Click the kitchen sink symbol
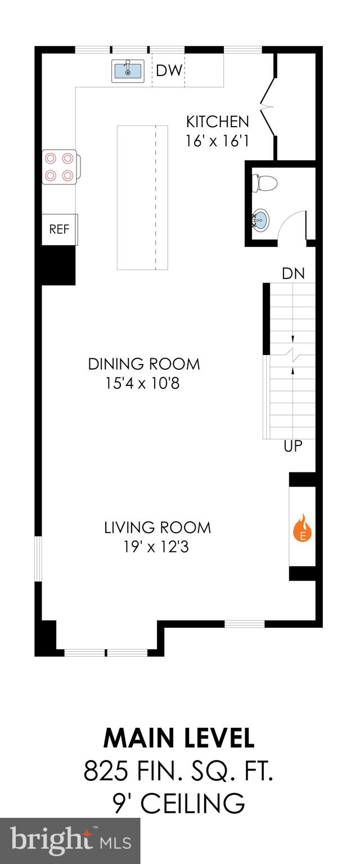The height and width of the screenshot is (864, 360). [x=128, y=70]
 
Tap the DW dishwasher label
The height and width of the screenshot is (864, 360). [x=169, y=70]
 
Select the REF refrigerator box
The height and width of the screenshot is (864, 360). [x=59, y=229]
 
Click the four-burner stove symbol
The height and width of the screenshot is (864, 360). [x=60, y=168]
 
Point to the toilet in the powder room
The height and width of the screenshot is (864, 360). [x=265, y=183]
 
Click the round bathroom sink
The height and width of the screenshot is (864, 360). [x=261, y=220]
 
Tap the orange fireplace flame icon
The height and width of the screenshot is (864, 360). [x=303, y=528]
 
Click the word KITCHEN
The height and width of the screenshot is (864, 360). [x=217, y=121]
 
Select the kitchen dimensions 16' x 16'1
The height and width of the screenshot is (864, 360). [x=217, y=140]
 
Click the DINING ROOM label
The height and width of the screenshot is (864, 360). [x=144, y=364]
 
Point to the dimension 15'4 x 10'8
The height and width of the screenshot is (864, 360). [x=142, y=384]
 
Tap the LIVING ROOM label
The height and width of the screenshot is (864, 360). [x=157, y=528]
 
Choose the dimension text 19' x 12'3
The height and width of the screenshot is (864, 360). [x=155, y=546]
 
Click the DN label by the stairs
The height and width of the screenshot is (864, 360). [x=293, y=274]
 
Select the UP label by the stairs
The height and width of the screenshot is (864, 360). [x=293, y=447]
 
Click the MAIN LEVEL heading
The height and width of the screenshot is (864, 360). [x=179, y=737]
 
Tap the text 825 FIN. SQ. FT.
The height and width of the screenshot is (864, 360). [x=179, y=770]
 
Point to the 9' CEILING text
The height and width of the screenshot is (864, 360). [x=179, y=803]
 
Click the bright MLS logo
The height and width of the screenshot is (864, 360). [x=70, y=841]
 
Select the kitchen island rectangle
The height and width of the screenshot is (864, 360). [x=142, y=197]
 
